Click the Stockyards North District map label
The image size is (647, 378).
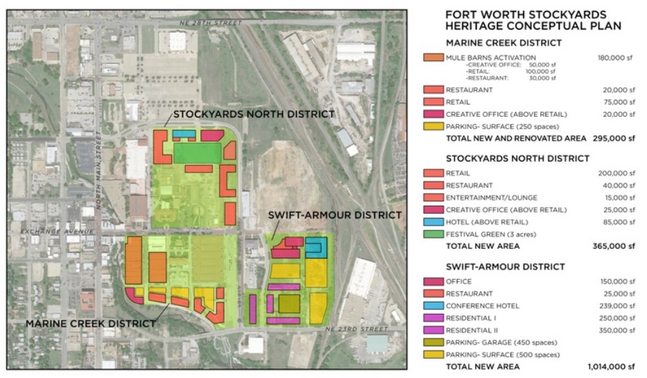click(x=253, y=113)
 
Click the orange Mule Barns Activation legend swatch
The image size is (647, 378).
click(x=432, y=58)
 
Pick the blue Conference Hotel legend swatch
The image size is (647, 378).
click(x=432, y=305)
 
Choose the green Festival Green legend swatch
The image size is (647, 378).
click(x=432, y=234)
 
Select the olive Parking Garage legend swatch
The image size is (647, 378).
click(x=432, y=342)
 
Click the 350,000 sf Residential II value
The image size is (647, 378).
click(x=616, y=330)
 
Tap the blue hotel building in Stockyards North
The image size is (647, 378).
click(x=183, y=134)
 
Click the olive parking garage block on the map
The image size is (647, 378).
click(x=289, y=303)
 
